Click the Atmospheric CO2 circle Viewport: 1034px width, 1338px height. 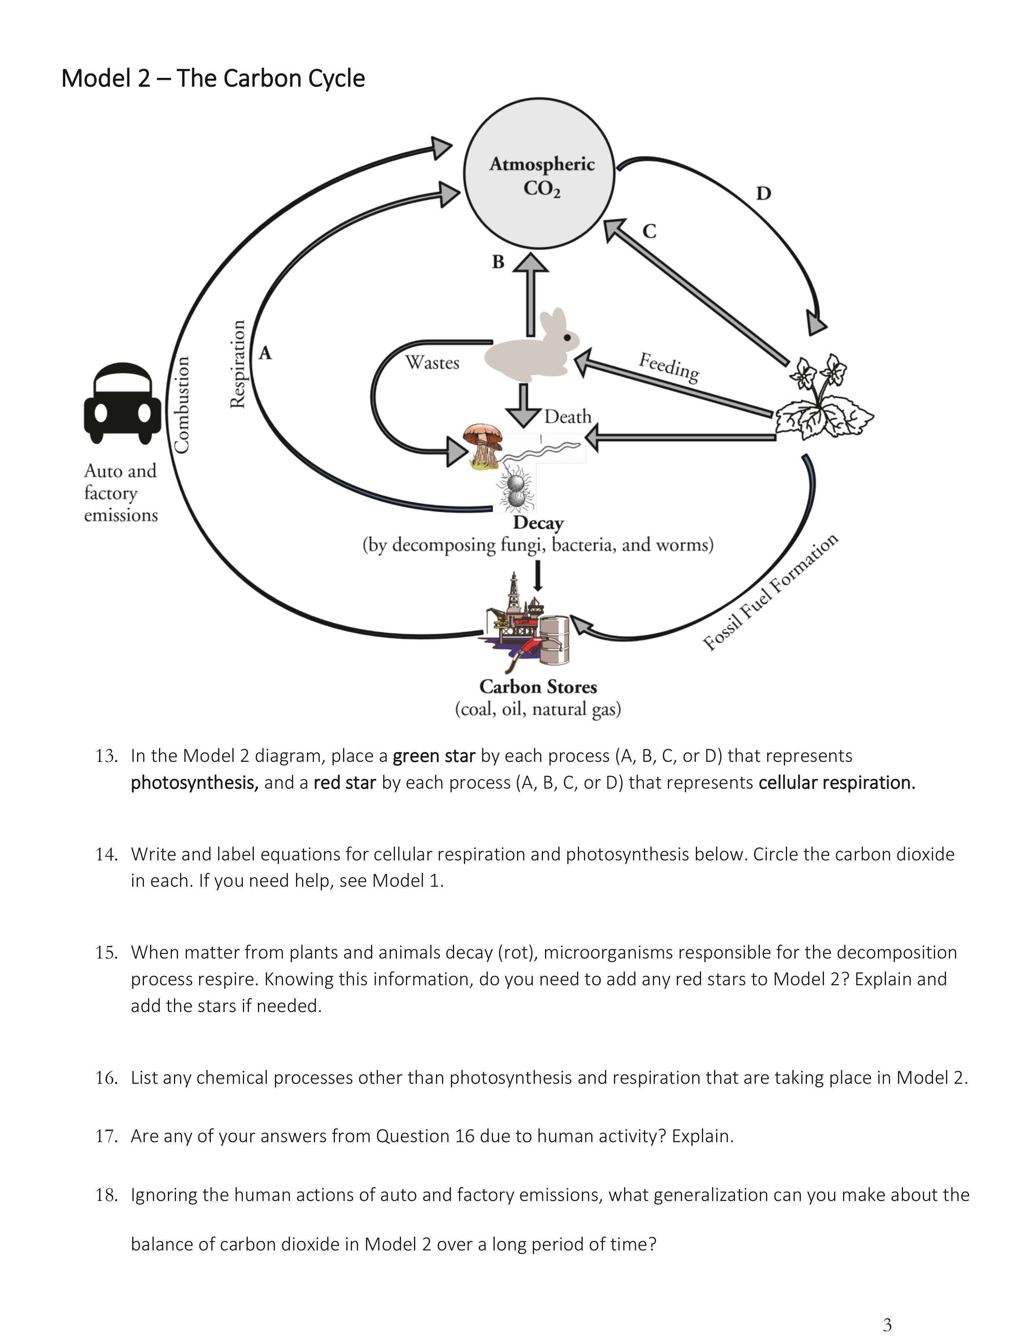[x=539, y=174]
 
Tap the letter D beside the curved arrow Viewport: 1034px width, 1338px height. [x=763, y=193]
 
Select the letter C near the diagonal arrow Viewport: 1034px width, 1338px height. [x=649, y=231]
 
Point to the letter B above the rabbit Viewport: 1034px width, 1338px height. [x=498, y=262]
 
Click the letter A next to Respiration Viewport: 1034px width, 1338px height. [x=265, y=353]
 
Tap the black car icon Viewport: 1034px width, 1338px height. [x=122, y=403]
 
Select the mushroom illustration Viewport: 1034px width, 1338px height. [x=484, y=444]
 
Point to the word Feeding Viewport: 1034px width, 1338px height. [x=669, y=367]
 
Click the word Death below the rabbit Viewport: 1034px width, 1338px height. [x=568, y=416]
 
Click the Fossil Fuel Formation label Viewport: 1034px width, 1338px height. [x=770, y=592]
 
